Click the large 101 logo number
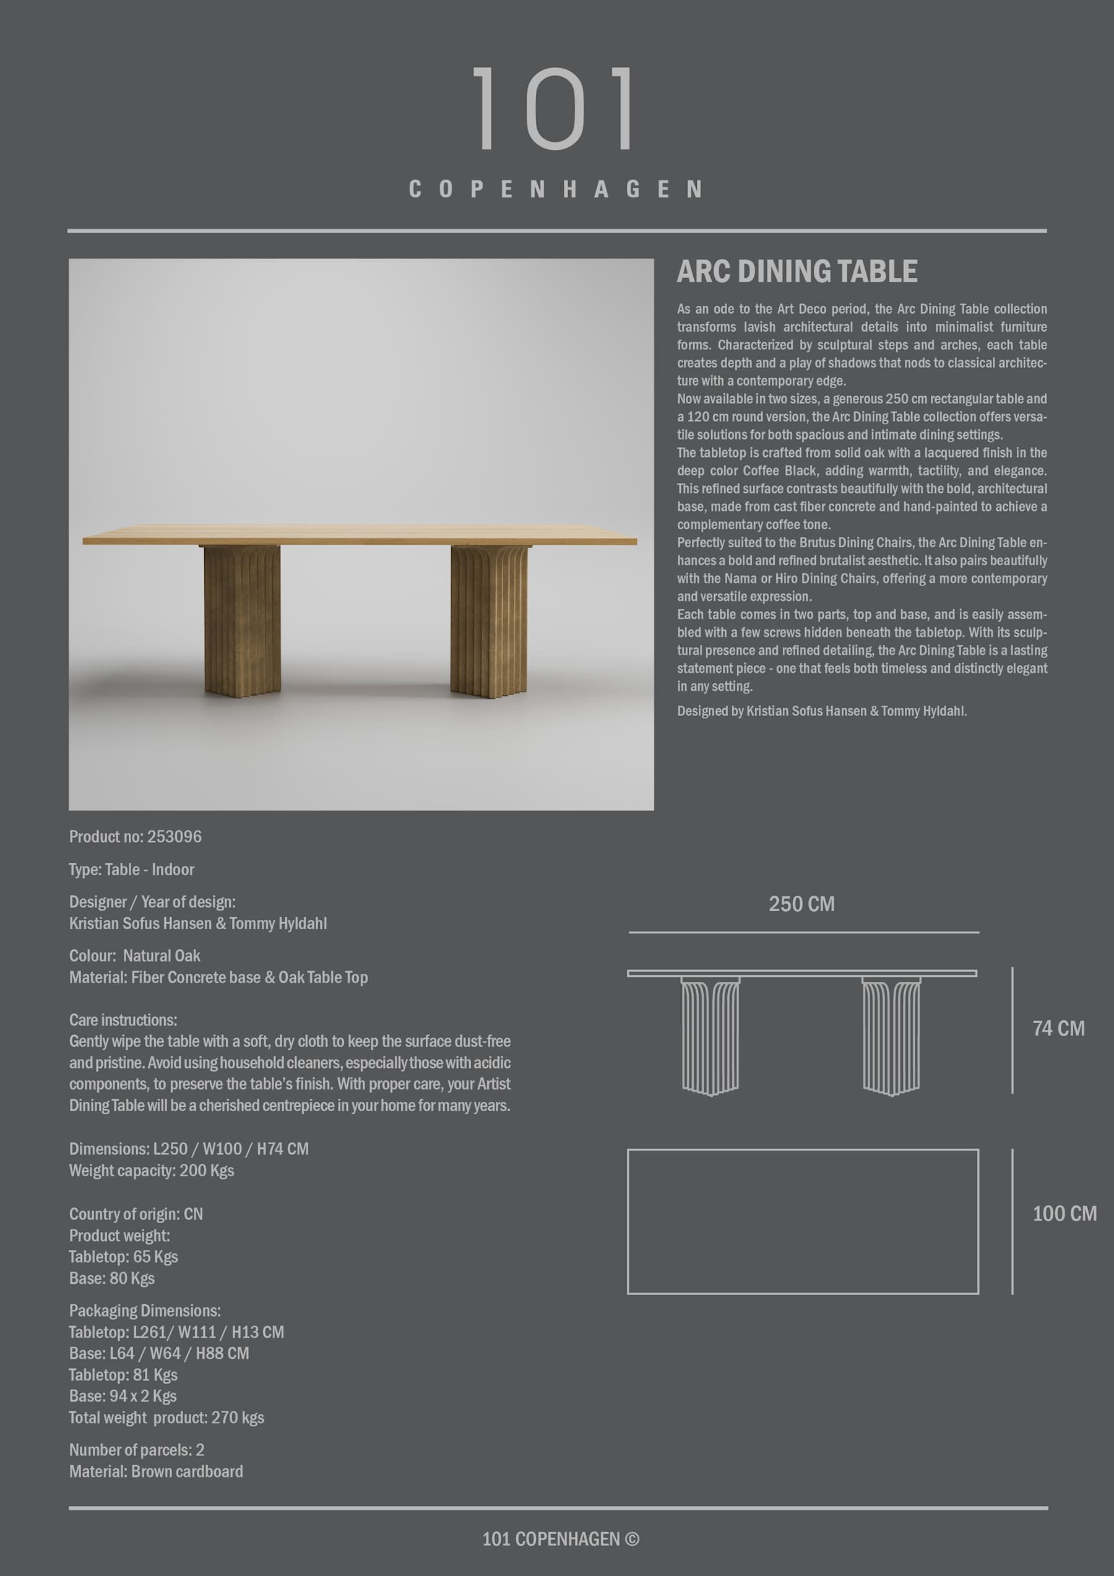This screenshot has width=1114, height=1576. (555, 108)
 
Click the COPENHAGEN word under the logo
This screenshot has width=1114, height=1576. (556, 189)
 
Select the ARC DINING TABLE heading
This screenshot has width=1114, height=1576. (797, 272)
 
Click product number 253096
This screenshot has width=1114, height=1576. (175, 837)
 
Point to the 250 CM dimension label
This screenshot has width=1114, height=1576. (801, 904)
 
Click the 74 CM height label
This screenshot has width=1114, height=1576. (1058, 1028)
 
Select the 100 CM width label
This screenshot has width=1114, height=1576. (1064, 1214)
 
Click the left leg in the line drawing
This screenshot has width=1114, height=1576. (710, 1035)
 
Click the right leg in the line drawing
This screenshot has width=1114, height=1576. (891, 1035)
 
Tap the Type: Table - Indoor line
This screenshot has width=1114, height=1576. (132, 870)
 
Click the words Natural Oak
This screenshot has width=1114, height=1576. (162, 956)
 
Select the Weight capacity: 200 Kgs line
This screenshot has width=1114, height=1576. (152, 1171)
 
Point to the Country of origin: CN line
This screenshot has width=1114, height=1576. (136, 1214)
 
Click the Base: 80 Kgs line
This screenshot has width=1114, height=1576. (112, 1278)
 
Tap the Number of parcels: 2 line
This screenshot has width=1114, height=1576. (137, 1450)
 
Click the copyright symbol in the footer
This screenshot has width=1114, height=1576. (632, 1539)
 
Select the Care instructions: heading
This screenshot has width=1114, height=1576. (123, 1020)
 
